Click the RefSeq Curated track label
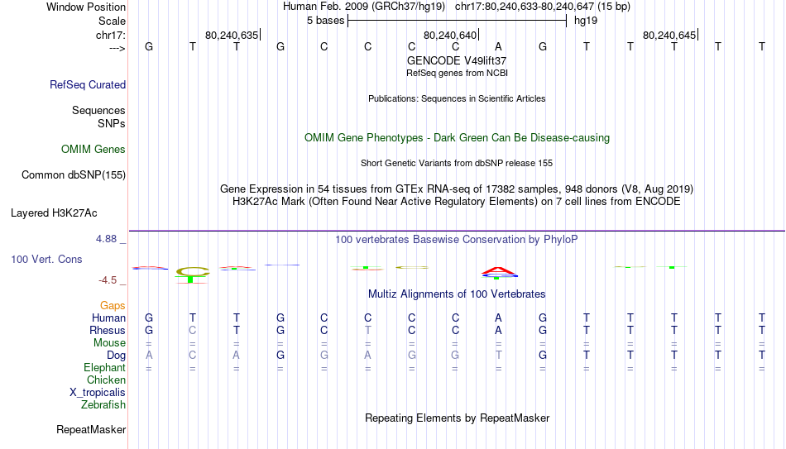pos(88,84)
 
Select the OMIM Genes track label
pos(93,150)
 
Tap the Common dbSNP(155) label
pos(74,175)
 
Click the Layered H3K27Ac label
pos(54,213)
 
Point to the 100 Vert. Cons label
pos(46,259)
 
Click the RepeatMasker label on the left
pos(91,429)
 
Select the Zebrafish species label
pos(103,404)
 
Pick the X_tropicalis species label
pos(98,393)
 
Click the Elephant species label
pos(105,367)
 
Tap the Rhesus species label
pos(108,330)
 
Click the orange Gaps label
pos(113,306)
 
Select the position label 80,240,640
pos(450,35)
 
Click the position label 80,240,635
pos(232,35)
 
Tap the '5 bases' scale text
pos(326,21)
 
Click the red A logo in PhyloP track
pos(498,271)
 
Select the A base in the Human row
pos(498,318)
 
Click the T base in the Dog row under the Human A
pos(498,356)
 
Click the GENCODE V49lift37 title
pos(457,60)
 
